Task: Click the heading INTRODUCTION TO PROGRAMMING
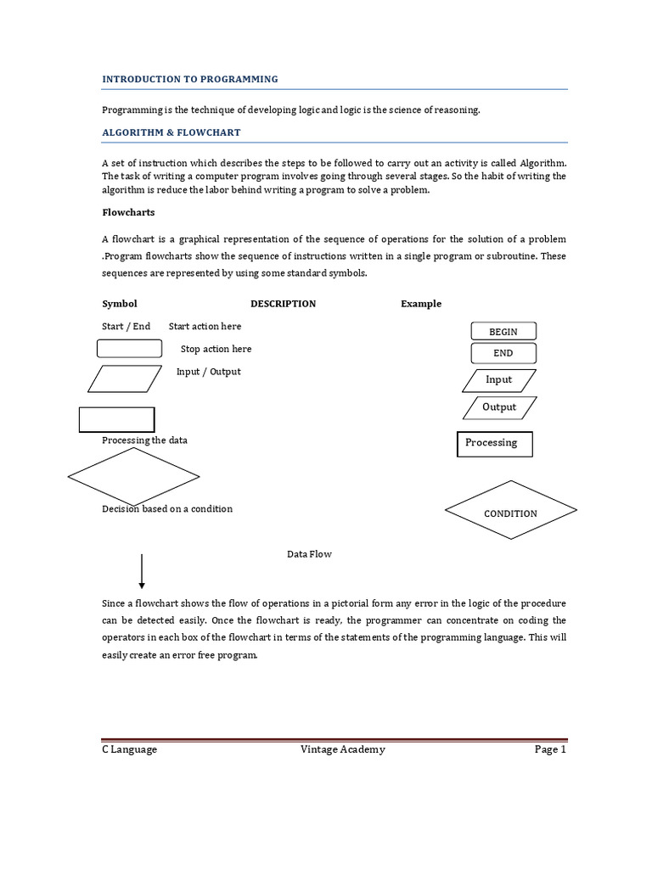pyautogui.click(x=189, y=79)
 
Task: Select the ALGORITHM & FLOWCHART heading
pyautogui.click(x=171, y=132)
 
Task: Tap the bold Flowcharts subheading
pyautogui.click(x=128, y=212)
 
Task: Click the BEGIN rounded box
pyautogui.click(x=503, y=331)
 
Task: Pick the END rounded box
pyautogui.click(x=503, y=353)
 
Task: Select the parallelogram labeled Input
pyautogui.click(x=499, y=380)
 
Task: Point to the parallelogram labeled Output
pyautogui.click(x=500, y=407)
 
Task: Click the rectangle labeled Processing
pyautogui.click(x=494, y=444)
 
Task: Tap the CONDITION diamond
pyautogui.click(x=511, y=510)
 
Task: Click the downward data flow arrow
pyautogui.click(x=142, y=571)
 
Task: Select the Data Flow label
pyautogui.click(x=309, y=554)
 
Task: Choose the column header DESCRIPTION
pyautogui.click(x=283, y=304)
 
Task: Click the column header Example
pyautogui.click(x=421, y=304)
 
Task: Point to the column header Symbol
pyautogui.click(x=120, y=304)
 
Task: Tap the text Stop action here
pyautogui.click(x=216, y=349)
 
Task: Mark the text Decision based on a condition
pyautogui.click(x=167, y=509)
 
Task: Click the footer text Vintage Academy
pyautogui.click(x=343, y=749)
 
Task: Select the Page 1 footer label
pyautogui.click(x=550, y=749)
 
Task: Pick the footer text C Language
pyautogui.click(x=130, y=749)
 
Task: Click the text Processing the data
pyautogui.click(x=144, y=440)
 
